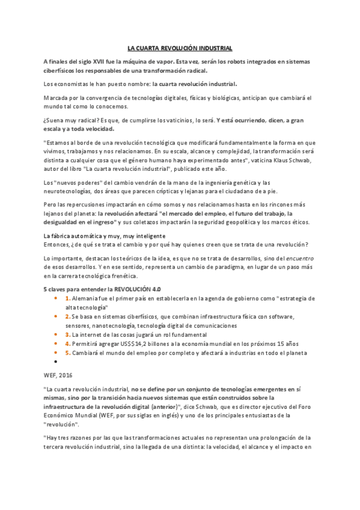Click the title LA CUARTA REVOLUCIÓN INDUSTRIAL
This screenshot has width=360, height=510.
click(180, 48)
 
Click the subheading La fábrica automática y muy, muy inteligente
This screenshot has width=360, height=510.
click(105, 235)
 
